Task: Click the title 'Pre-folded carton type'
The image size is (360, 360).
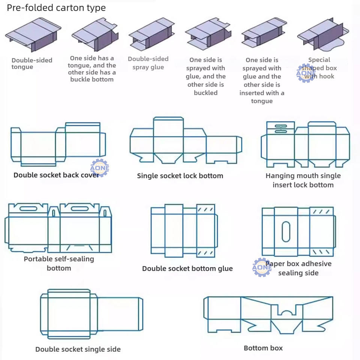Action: (x=56, y=8)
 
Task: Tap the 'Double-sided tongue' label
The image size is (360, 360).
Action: (x=31, y=63)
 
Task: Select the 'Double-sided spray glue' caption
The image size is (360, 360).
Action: (x=148, y=63)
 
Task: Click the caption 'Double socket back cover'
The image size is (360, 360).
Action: (x=56, y=175)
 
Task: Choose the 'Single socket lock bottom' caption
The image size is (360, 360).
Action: (x=180, y=176)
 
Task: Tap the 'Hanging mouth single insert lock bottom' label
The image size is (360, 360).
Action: (x=303, y=180)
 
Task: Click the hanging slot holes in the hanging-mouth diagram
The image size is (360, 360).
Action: (x=281, y=129)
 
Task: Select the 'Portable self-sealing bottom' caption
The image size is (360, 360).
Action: (x=59, y=263)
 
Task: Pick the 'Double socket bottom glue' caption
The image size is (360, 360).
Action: (x=187, y=268)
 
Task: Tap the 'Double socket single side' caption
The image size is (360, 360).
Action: (x=78, y=349)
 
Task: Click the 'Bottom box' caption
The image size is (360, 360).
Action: (x=263, y=348)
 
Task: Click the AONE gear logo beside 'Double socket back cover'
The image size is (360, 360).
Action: (x=99, y=168)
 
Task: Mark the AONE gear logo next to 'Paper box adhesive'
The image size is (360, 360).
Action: (x=262, y=267)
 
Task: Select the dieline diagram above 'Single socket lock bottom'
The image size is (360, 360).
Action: (x=186, y=141)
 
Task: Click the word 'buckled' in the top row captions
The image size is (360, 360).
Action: (x=205, y=93)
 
